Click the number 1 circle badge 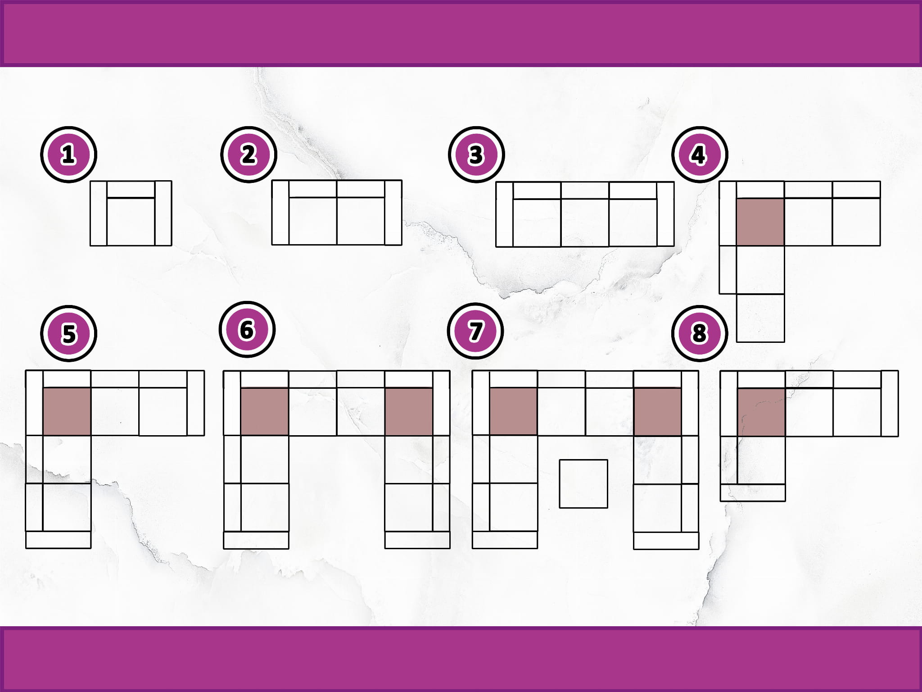(68, 155)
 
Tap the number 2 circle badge (249, 155)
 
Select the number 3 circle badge (476, 155)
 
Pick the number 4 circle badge (699, 155)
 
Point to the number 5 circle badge (68, 334)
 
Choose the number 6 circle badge (247, 330)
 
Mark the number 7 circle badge (475, 331)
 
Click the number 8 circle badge (699, 333)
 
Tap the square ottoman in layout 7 (583, 483)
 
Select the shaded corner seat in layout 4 (761, 222)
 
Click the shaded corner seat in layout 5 (67, 411)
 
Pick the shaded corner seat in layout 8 (761, 413)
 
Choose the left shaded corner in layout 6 (265, 412)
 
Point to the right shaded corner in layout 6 (409, 412)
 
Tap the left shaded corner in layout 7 (513, 412)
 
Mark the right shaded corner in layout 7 (657, 412)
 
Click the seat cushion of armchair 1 (131, 222)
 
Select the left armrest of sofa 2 (280, 213)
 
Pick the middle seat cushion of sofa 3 (585, 223)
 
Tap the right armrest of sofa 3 (665, 214)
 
